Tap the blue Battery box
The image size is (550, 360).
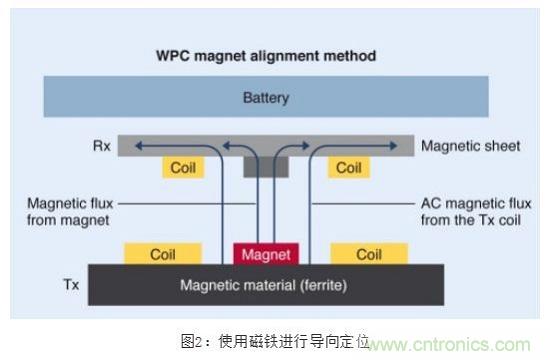coord(265,99)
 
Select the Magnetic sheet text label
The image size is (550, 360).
coord(470,146)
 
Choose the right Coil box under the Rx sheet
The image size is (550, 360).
coord(348,168)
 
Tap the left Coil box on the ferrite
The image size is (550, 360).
coord(163,255)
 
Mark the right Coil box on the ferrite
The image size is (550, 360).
coord(369,255)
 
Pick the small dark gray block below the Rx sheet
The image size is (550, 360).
coord(265,167)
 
